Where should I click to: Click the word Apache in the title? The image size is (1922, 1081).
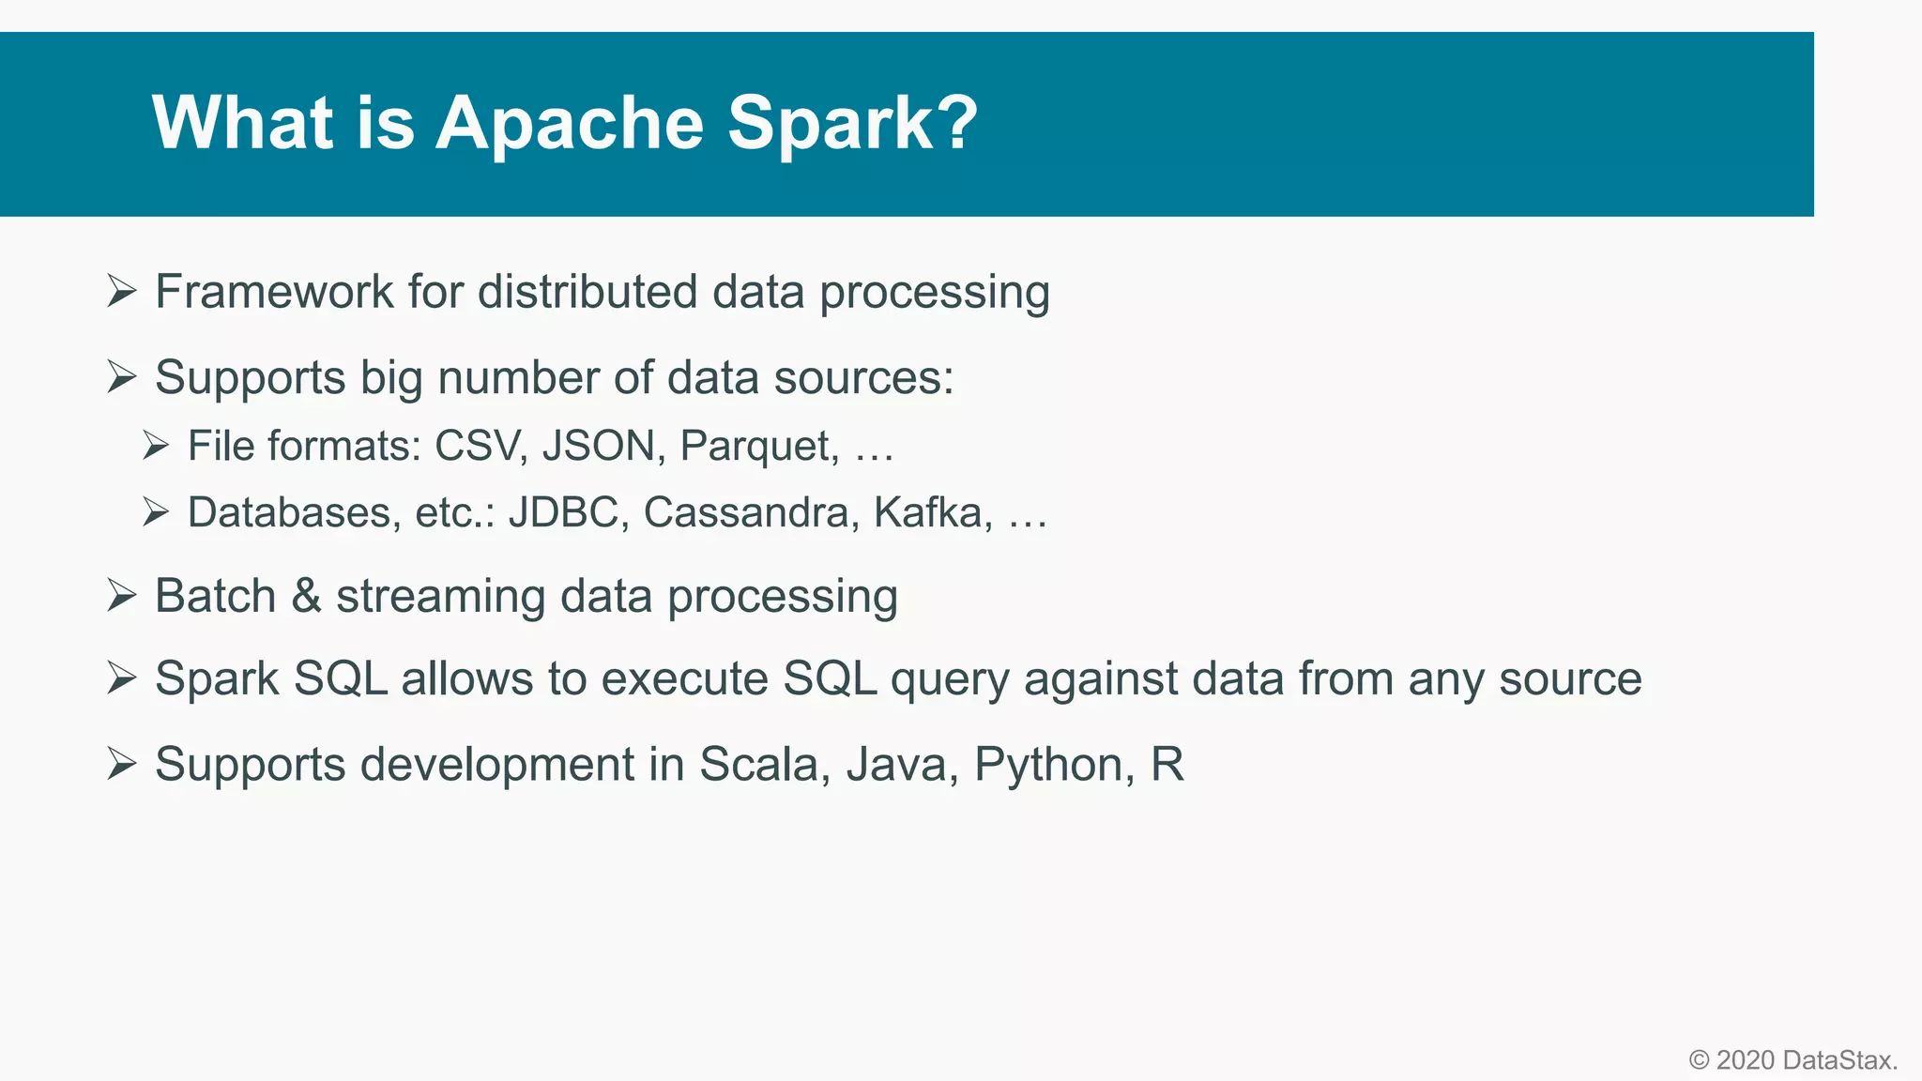pyautogui.click(x=569, y=123)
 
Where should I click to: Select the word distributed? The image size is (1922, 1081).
pyautogui.click(x=587, y=292)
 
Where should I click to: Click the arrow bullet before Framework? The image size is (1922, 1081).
pyautogui.click(x=122, y=291)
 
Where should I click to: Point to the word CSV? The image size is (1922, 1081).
pyautogui.click(x=476, y=446)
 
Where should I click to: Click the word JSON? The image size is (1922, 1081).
pyautogui.click(x=598, y=446)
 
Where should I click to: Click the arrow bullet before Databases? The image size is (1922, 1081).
pyautogui.click(x=156, y=511)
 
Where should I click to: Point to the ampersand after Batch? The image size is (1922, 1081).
pyautogui.click(x=306, y=596)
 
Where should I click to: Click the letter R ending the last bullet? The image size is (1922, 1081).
pyautogui.click(x=1167, y=764)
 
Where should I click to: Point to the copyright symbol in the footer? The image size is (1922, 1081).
pyautogui.click(x=1699, y=1060)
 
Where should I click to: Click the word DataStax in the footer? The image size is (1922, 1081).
pyautogui.click(x=1838, y=1060)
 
